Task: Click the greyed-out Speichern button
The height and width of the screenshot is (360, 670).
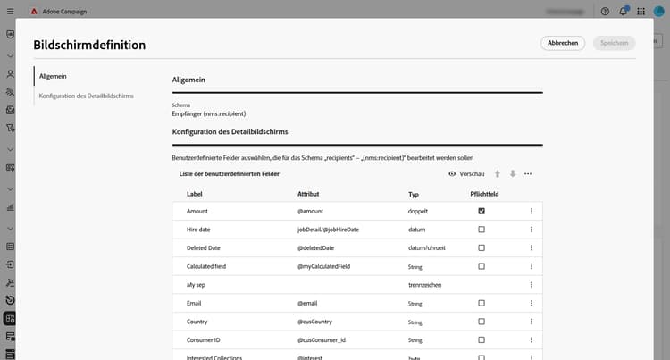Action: pos(615,43)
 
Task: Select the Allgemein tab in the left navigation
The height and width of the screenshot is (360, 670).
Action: pos(54,77)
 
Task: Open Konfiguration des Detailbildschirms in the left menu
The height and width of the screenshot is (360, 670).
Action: pos(87,95)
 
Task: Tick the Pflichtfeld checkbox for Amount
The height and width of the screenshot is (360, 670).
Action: pos(482,211)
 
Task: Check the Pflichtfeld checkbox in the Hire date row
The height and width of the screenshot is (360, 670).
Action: pos(482,230)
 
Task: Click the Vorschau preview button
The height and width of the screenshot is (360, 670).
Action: pos(466,173)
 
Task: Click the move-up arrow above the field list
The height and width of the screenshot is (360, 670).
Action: pos(498,173)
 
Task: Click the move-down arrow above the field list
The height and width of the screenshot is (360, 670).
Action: pos(513,173)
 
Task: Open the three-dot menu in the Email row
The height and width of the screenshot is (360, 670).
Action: pos(532,303)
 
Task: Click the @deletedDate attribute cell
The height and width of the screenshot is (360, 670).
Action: pos(315,247)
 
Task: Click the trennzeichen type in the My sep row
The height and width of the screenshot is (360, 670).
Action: pos(426,285)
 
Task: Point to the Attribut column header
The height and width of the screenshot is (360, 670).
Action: pos(309,193)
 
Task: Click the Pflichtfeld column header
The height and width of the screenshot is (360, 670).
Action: pos(485,193)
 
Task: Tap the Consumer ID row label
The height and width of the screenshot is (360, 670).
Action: pos(205,340)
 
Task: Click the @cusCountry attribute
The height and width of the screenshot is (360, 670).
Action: pos(315,322)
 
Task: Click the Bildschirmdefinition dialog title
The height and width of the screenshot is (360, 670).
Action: pos(89,45)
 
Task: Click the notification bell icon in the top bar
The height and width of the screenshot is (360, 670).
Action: pos(623,12)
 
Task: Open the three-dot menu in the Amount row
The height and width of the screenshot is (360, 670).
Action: pos(532,211)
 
